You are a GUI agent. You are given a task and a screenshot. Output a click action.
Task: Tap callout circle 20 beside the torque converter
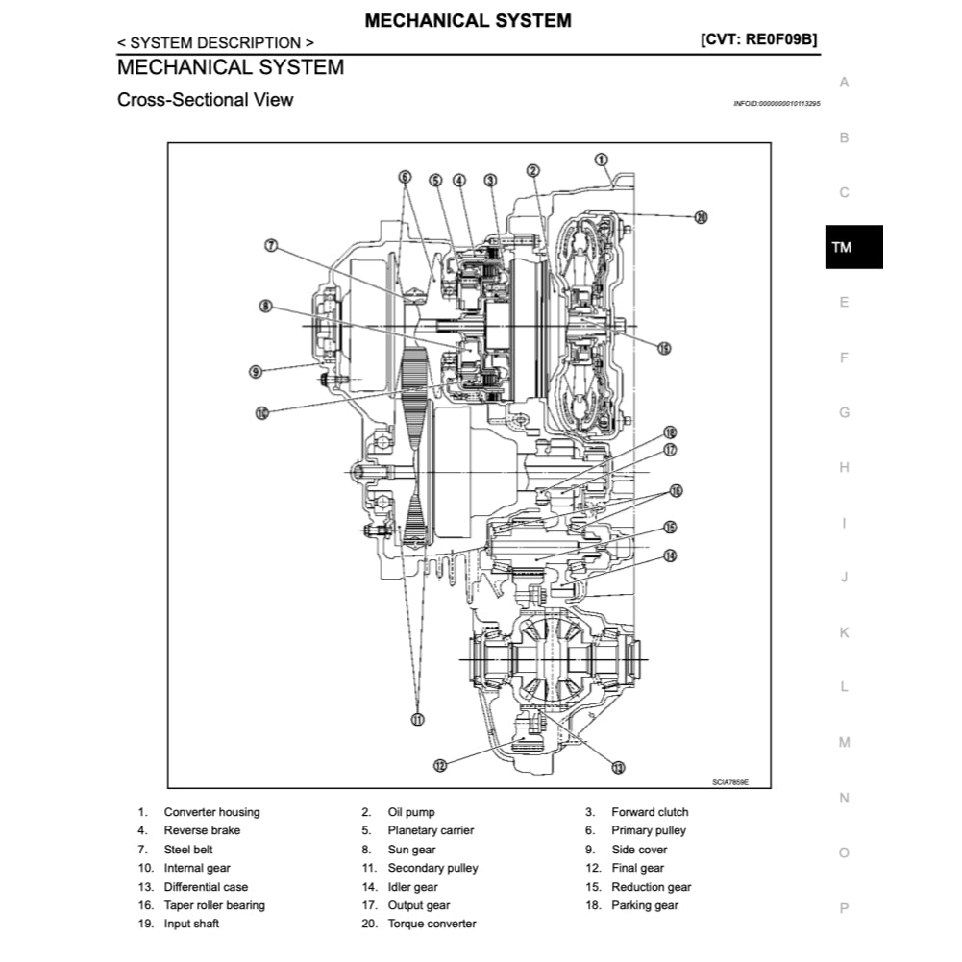(x=701, y=217)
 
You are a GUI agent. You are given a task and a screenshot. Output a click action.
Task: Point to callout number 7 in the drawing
(x=271, y=246)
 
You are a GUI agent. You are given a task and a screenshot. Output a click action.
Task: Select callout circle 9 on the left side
(x=255, y=371)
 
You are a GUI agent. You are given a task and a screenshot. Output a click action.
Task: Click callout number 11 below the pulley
(x=417, y=718)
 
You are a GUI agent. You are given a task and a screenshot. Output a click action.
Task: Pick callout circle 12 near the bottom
(x=439, y=766)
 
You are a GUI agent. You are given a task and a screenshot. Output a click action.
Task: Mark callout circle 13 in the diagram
(x=618, y=766)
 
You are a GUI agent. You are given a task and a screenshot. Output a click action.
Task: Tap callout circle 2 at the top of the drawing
(x=532, y=171)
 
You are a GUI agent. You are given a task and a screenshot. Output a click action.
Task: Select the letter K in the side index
(x=844, y=632)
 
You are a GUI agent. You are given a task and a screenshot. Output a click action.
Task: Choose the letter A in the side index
(x=844, y=83)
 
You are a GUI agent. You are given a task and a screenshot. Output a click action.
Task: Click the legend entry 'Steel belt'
(x=188, y=850)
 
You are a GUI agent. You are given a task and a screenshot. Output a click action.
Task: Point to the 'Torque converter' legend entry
(x=432, y=925)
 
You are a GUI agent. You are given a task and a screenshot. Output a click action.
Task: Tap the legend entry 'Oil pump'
(x=411, y=812)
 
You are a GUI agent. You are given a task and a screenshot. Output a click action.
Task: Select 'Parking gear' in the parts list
(x=645, y=905)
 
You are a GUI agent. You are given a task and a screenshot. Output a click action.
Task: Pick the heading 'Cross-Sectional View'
(x=205, y=99)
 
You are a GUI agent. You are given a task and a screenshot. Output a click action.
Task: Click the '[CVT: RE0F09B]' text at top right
(x=759, y=40)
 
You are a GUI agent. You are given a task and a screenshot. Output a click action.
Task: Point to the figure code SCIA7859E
(x=729, y=782)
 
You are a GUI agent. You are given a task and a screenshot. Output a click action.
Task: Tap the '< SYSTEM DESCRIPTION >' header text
(x=215, y=42)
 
